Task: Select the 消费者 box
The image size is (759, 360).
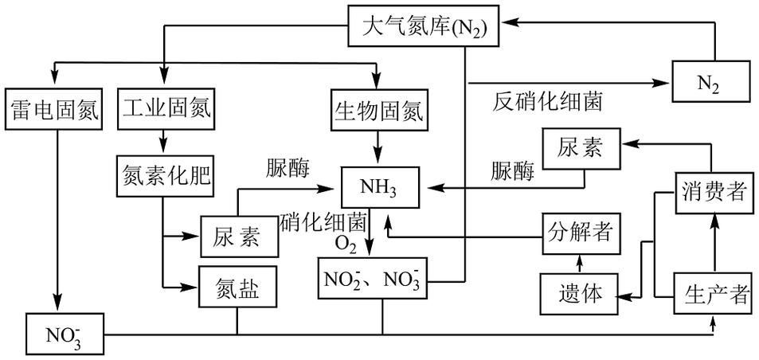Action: click(714, 192)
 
